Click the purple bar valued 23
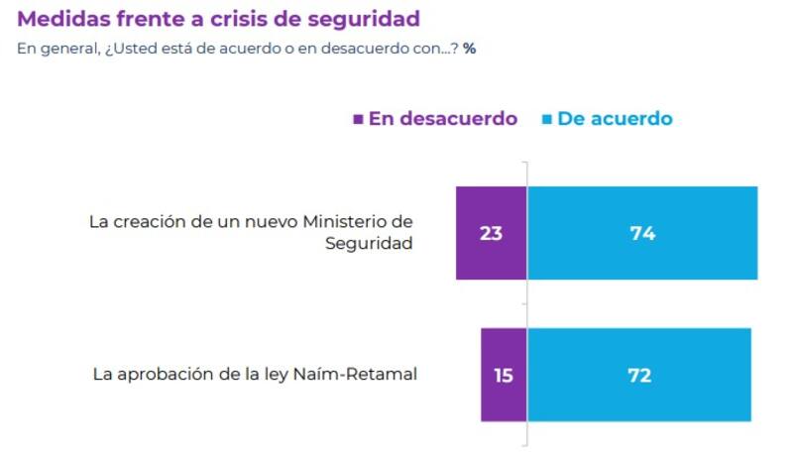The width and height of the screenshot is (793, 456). pos(491,233)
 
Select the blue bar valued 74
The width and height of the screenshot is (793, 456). pos(642,233)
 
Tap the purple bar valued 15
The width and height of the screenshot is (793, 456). pos(504,375)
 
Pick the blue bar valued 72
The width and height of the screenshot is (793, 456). pos(639,375)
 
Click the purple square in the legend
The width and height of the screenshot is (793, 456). pos(359,119)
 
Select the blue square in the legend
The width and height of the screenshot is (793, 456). pos(546,119)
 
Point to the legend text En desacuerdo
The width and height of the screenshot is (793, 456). pos(443,119)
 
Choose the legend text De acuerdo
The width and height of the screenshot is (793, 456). pos(615,119)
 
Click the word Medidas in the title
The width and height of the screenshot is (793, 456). pos(61,19)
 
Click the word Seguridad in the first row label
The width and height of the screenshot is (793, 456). pos(369,244)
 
